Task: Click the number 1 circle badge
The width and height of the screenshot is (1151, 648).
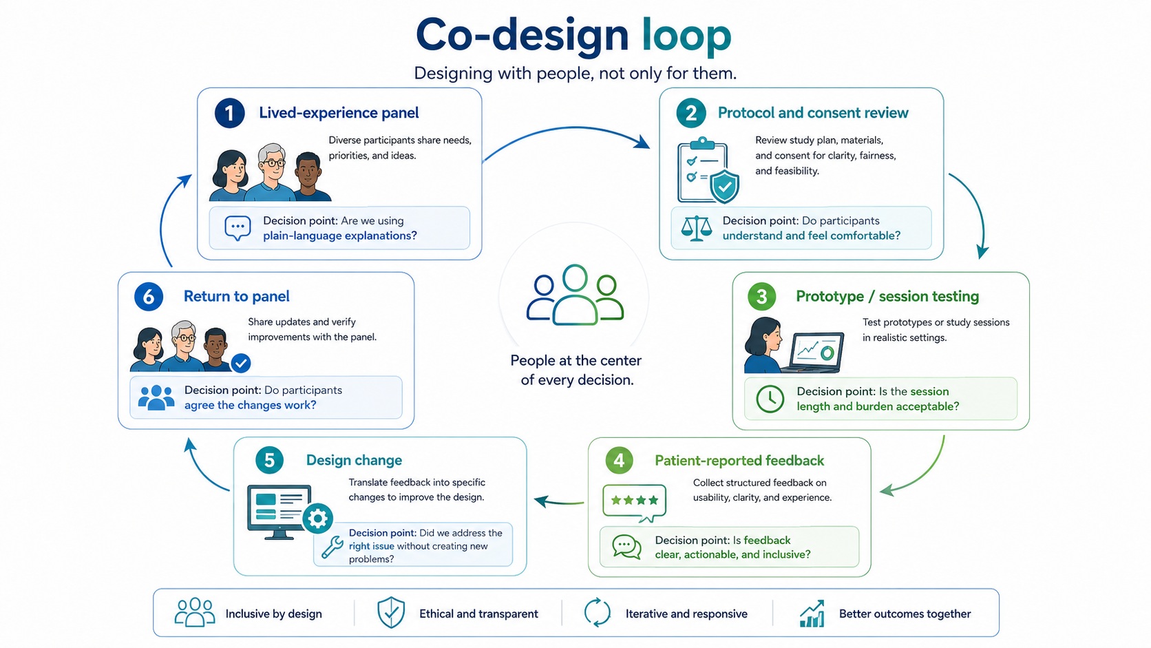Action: (229, 113)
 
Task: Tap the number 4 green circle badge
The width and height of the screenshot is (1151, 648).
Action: (619, 460)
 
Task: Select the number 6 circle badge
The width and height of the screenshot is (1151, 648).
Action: (149, 297)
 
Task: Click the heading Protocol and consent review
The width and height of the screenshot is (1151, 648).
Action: (813, 112)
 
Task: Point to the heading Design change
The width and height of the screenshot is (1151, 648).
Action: (354, 460)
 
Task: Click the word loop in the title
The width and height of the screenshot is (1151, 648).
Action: (686, 36)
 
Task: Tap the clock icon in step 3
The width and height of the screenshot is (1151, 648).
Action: (770, 398)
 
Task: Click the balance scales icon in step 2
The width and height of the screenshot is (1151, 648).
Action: (696, 228)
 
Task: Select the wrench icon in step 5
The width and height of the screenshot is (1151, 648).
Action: (332, 547)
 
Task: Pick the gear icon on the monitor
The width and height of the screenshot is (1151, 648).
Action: (317, 518)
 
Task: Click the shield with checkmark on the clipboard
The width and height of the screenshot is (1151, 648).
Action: (724, 186)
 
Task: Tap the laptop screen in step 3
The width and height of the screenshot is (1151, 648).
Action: (817, 351)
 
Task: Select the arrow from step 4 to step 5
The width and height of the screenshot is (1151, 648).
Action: (558, 501)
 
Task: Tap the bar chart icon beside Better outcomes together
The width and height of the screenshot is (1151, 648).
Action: (812, 613)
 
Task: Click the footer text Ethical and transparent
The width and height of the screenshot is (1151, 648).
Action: (478, 614)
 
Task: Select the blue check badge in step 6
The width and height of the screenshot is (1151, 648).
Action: (240, 363)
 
